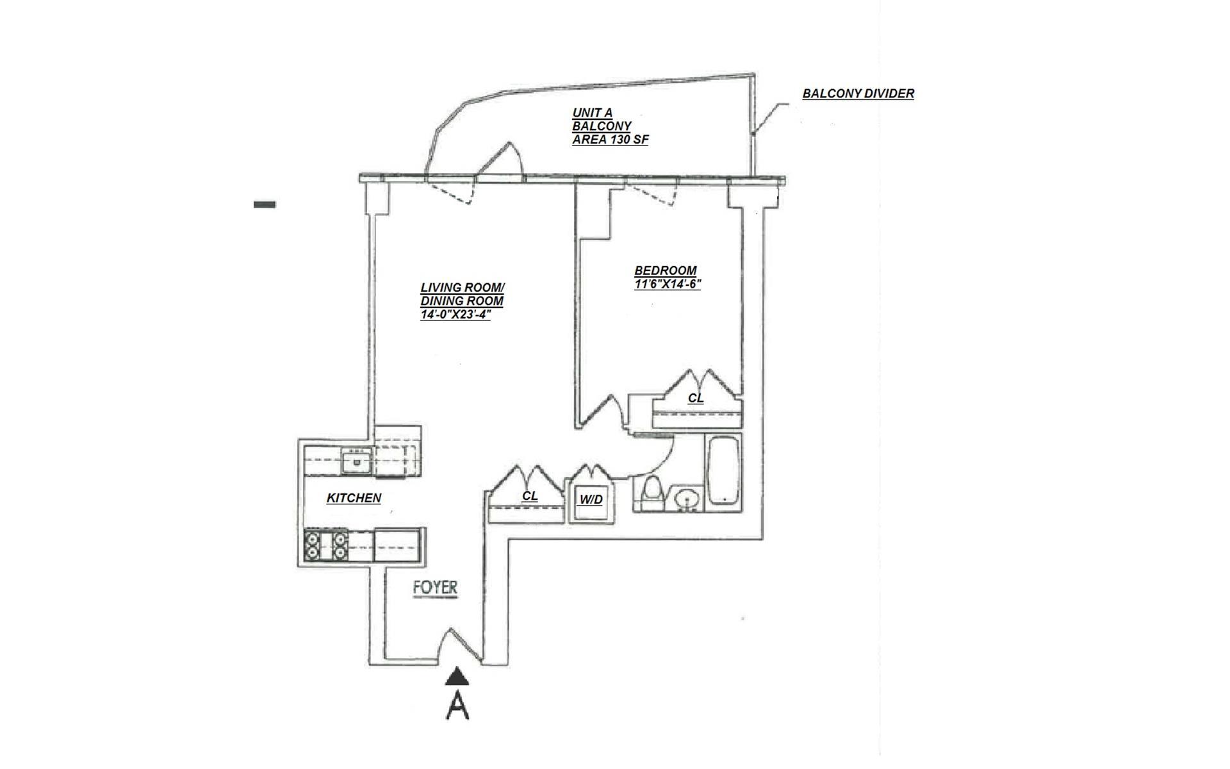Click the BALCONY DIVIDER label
point(858,94)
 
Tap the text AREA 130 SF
point(610,140)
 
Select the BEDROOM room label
point(665,270)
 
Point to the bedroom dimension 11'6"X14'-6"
point(667,284)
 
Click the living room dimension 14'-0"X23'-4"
point(455,315)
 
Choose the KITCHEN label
point(354,498)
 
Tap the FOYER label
point(435,588)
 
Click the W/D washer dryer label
point(591,499)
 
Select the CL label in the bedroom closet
point(695,398)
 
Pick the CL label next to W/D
point(529,496)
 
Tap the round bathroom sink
point(688,498)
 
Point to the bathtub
point(724,471)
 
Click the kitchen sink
point(356,461)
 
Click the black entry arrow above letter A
point(457,675)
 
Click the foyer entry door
point(463,644)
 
